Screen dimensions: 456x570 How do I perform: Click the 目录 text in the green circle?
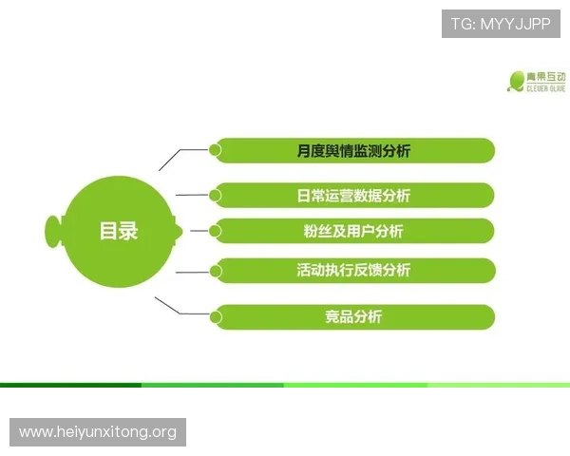pos(119,231)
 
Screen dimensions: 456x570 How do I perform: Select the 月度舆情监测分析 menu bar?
pos(353,150)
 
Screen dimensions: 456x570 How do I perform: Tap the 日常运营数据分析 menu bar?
pos(353,196)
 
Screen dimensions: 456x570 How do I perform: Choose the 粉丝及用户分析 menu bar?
pos(352,231)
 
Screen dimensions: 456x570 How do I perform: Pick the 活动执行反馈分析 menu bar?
pos(353,270)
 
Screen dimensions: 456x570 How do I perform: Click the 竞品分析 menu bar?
pos(353,316)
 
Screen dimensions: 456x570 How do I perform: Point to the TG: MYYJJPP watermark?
pos(501,23)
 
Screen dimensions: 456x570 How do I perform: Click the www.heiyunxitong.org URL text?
pos(98,432)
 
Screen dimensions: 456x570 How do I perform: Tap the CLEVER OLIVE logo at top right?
pos(537,81)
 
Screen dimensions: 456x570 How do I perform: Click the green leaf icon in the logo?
pos(517,81)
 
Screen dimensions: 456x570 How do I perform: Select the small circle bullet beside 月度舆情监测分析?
pos(216,149)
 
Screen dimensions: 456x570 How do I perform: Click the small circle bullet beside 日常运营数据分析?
pos(216,195)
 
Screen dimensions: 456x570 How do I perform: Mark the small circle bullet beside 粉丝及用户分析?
pos(216,230)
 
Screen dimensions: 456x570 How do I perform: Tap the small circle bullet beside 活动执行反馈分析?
pos(216,270)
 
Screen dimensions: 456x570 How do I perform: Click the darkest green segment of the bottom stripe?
pos(70,385)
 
